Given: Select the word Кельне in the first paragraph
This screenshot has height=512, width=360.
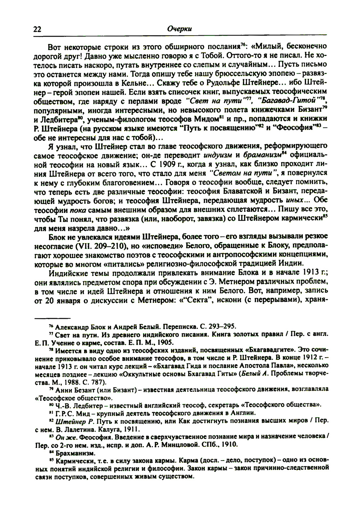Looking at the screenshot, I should [109, 82].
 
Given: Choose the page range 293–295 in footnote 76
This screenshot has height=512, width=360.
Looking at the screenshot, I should [222, 326].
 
